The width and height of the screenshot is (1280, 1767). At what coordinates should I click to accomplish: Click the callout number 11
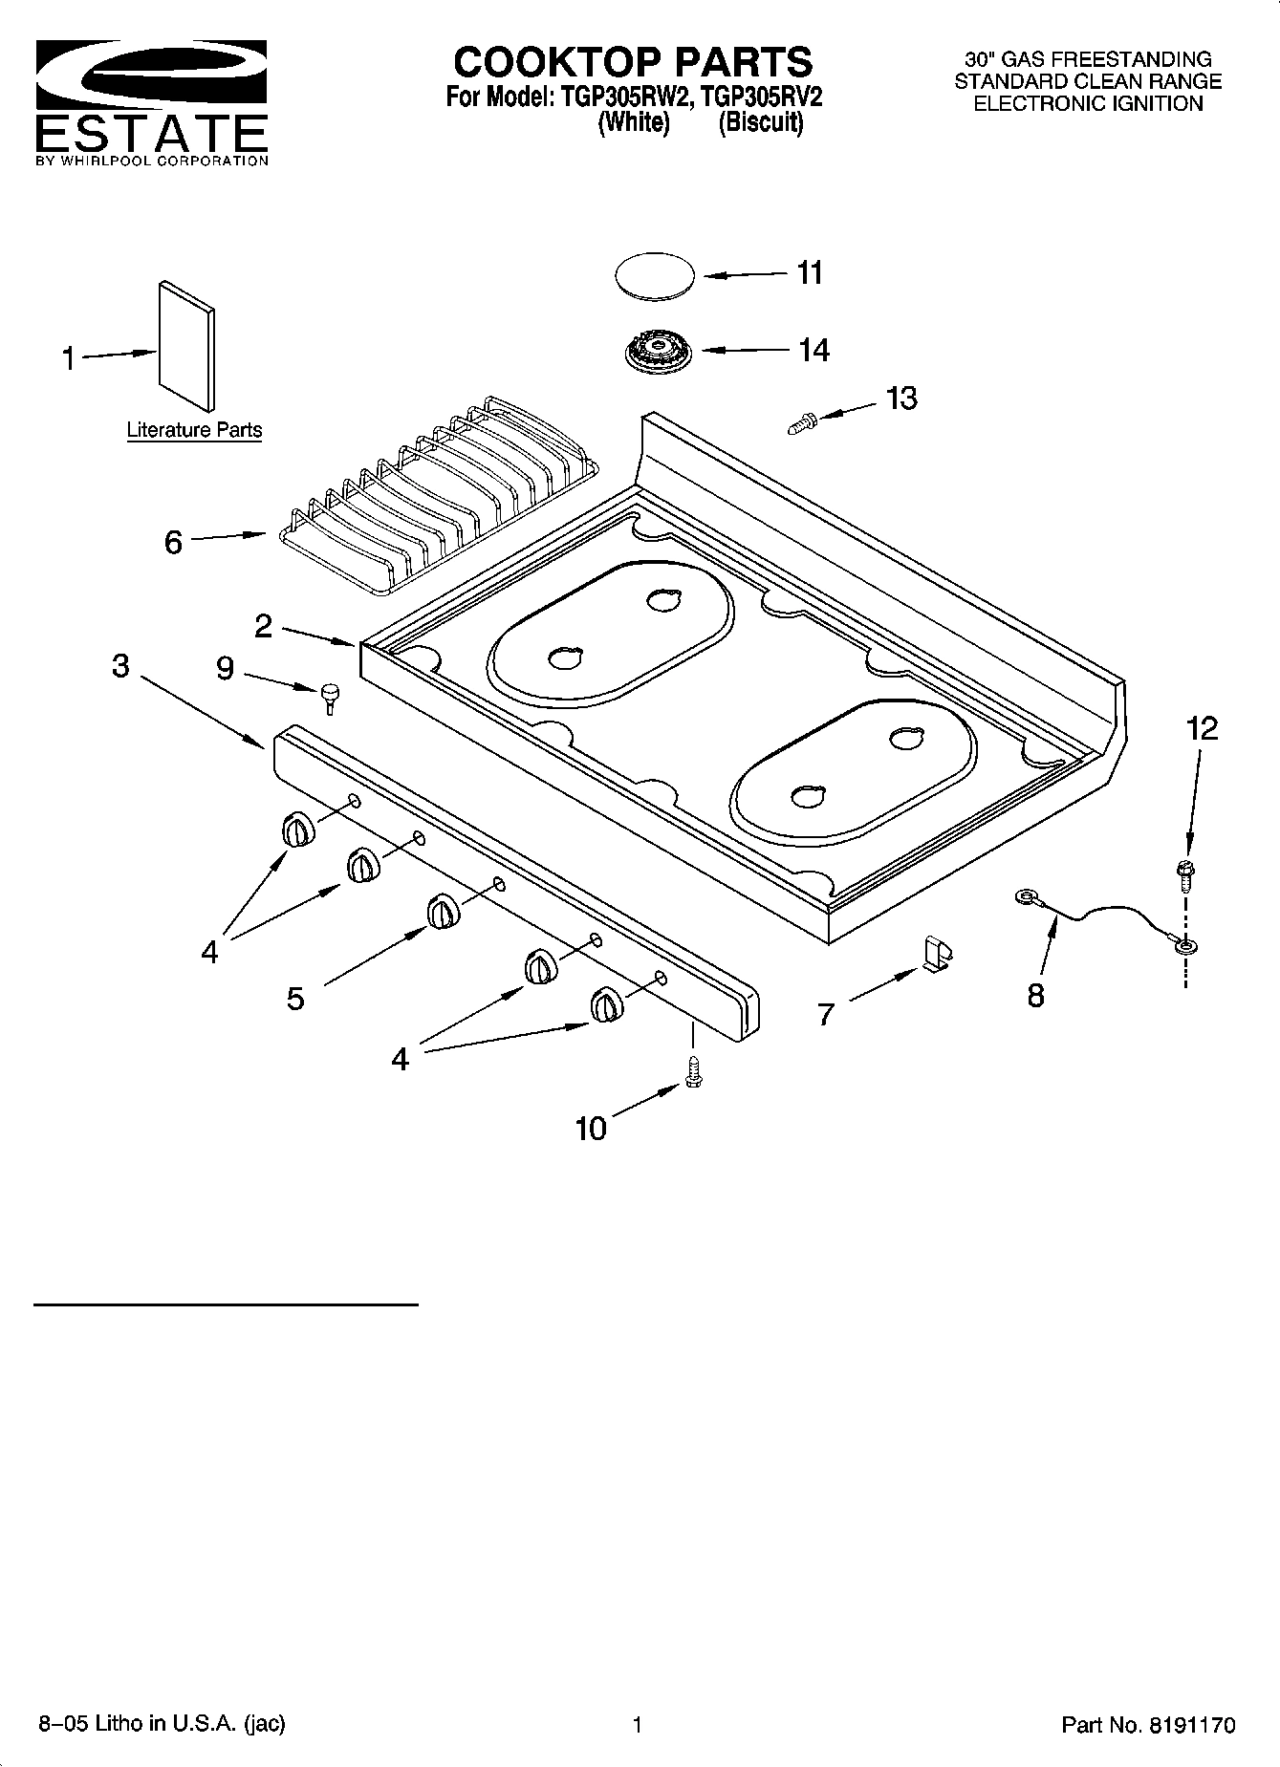810,273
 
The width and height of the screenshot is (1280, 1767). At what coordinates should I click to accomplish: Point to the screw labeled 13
800,420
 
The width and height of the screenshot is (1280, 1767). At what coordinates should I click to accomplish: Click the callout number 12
1202,729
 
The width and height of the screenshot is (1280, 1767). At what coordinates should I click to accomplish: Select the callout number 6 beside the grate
173,543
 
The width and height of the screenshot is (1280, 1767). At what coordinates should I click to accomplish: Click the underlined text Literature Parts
194,430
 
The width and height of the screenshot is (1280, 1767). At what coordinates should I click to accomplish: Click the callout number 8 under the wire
1036,996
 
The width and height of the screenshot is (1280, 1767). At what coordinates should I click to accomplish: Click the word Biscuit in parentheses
761,123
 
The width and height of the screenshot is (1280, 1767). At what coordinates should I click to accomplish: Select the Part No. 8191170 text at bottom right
1148,1725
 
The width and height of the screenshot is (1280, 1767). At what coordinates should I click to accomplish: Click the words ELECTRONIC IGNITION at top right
1088,104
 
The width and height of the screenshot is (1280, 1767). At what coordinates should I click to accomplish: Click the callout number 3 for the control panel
120,666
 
